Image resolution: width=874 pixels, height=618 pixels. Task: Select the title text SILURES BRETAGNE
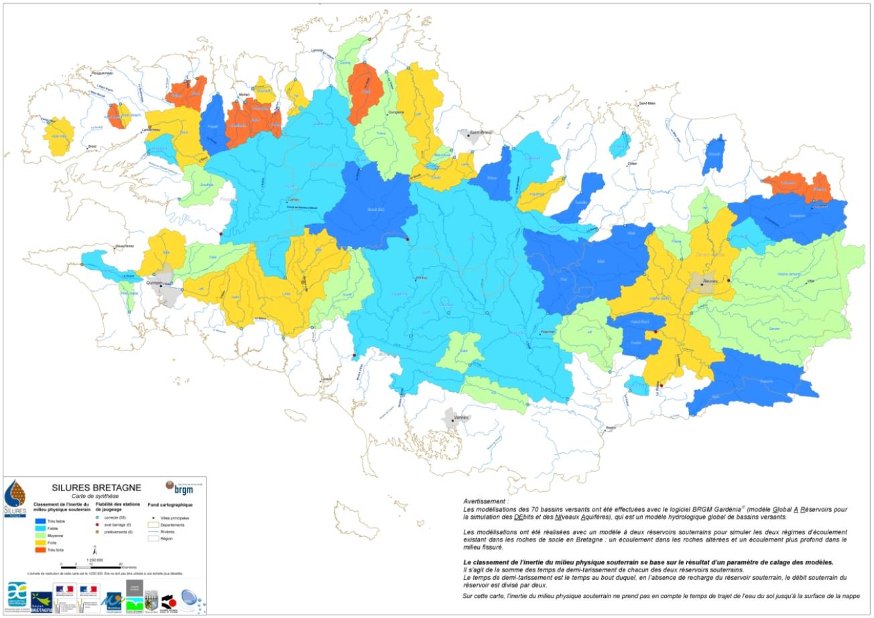pyautogui.click(x=97, y=487)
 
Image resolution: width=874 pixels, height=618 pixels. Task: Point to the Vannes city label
pyautogui.click(x=460, y=417)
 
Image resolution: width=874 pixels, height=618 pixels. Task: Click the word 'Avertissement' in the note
pyautogui.click(x=485, y=501)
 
